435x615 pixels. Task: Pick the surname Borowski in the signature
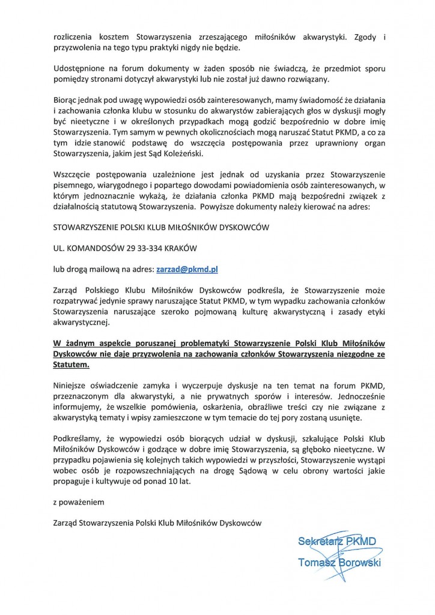pyautogui.click(x=359, y=563)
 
